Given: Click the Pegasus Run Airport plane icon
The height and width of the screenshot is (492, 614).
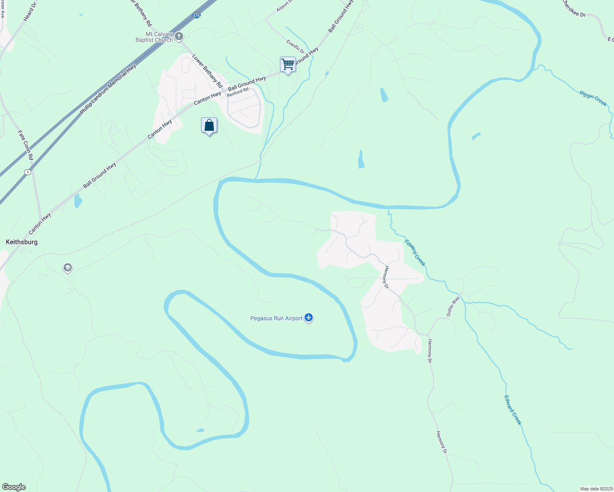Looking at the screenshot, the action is (309, 318).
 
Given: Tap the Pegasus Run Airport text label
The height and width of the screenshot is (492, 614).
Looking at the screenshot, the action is (276, 319).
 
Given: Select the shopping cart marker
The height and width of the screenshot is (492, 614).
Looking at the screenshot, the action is (288, 64).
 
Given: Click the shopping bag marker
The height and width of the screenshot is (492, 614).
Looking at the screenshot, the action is (209, 125).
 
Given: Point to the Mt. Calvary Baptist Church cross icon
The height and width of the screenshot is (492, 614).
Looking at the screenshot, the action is (179, 37).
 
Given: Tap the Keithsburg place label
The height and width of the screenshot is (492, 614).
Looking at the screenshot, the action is (22, 242).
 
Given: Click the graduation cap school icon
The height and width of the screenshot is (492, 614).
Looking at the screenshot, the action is (67, 268).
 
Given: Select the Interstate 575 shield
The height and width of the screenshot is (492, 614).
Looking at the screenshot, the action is (197, 16).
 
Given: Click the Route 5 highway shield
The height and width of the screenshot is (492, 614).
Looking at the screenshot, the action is (27, 172).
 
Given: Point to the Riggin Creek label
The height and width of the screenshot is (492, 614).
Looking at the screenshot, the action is (593, 98).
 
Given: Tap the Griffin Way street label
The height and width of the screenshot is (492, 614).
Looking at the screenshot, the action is (453, 306).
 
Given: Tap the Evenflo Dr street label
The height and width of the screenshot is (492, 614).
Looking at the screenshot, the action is (296, 47).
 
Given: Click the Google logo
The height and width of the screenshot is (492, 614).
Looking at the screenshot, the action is (14, 487).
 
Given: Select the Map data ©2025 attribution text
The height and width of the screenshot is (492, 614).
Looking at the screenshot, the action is (596, 489).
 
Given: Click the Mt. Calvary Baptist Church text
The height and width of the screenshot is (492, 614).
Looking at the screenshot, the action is (155, 37).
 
